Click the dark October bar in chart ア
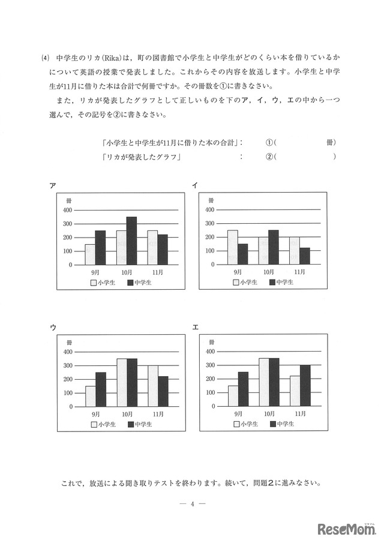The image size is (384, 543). tap(131, 241)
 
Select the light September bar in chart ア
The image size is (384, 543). tap(90, 254)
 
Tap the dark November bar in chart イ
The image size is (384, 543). tap(305, 256)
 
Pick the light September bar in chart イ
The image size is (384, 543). tap(232, 247)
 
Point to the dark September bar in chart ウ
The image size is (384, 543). tap(101, 389)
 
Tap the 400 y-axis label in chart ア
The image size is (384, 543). tap(67, 210)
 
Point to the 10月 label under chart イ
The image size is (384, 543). tap(269, 272)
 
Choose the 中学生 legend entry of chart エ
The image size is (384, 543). tap(281, 424)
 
